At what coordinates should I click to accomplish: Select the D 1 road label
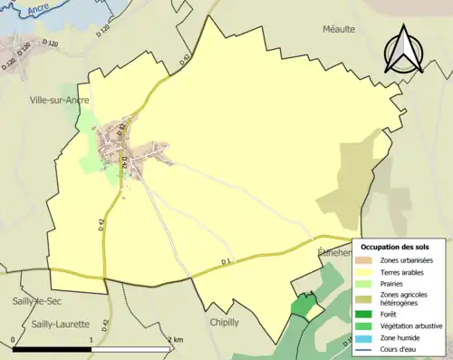tap(226, 263)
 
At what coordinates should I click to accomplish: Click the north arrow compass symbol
tap(403, 49)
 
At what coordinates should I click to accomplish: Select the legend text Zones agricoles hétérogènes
tap(413, 299)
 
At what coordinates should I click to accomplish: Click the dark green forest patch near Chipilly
tap(302, 306)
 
